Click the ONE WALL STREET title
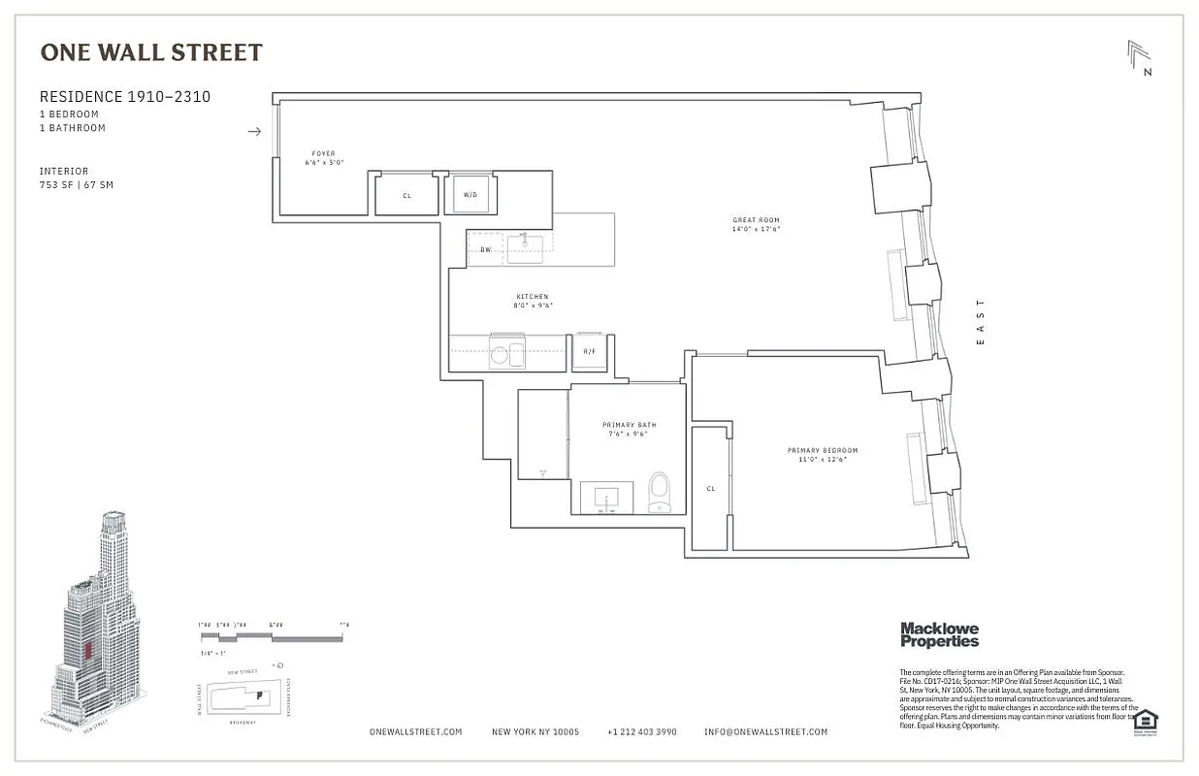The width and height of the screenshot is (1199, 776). (x=151, y=52)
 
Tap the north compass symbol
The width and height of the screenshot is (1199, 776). (x=1139, y=57)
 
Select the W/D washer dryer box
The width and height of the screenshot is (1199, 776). (x=470, y=194)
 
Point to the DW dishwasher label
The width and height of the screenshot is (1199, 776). (x=485, y=249)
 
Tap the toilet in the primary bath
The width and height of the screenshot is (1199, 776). (x=660, y=492)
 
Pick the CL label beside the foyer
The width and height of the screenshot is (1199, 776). (x=406, y=195)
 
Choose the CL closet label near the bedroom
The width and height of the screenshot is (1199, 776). (x=710, y=489)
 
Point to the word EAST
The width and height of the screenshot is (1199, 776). (x=980, y=322)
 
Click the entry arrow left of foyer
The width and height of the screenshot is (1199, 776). (x=254, y=131)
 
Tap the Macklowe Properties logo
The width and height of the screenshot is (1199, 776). (x=939, y=634)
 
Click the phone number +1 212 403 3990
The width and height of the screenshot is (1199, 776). (x=641, y=732)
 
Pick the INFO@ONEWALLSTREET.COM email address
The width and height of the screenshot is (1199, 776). (x=765, y=732)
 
